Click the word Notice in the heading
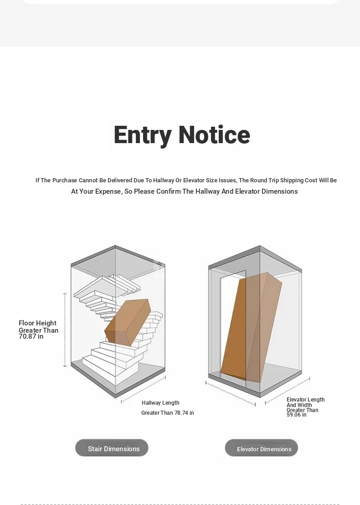click(x=215, y=134)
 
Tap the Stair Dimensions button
click(x=112, y=448)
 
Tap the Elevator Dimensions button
click(x=262, y=448)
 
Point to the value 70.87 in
click(x=31, y=336)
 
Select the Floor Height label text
click(x=37, y=323)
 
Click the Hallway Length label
click(x=160, y=403)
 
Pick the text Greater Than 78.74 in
click(x=167, y=413)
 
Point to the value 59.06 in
click(x=297, y=415)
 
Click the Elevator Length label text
click(x=306, y=400)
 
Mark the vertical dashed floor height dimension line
click(x=65, y=330)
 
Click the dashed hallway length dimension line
click(x=143, y=390)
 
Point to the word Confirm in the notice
click(x=169, y=191)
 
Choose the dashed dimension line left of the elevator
click(x=231, y=394)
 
